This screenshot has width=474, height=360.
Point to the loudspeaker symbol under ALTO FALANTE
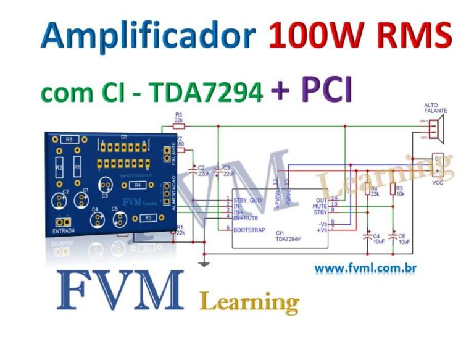pos(437,128)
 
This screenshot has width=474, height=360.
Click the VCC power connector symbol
pos(438,164)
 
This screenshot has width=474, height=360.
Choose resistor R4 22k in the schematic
pos(367,190)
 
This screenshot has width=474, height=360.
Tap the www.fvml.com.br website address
pos(364,269)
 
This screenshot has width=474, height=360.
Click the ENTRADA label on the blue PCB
pos(64,231)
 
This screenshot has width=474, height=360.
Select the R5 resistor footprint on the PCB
pos(148,218)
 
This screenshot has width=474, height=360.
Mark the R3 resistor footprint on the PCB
pos(70,140)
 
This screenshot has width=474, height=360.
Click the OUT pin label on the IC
pos(320,200)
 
